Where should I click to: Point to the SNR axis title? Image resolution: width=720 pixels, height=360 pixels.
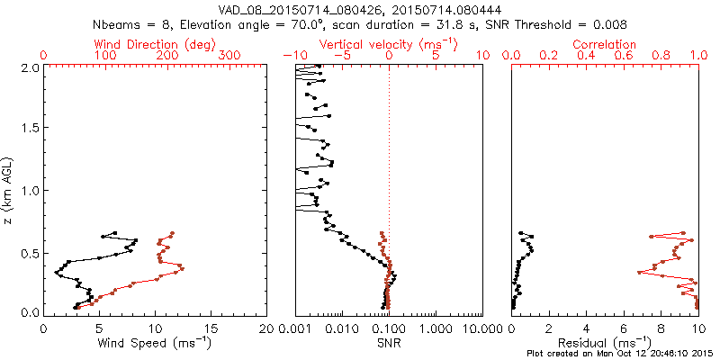389,342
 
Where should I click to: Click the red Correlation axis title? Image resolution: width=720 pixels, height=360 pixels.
605,44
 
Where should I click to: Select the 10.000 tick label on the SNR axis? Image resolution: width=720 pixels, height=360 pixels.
482,328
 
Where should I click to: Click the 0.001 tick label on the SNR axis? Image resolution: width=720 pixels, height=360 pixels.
295,328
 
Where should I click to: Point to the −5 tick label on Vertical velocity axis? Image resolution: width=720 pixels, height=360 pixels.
340,56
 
